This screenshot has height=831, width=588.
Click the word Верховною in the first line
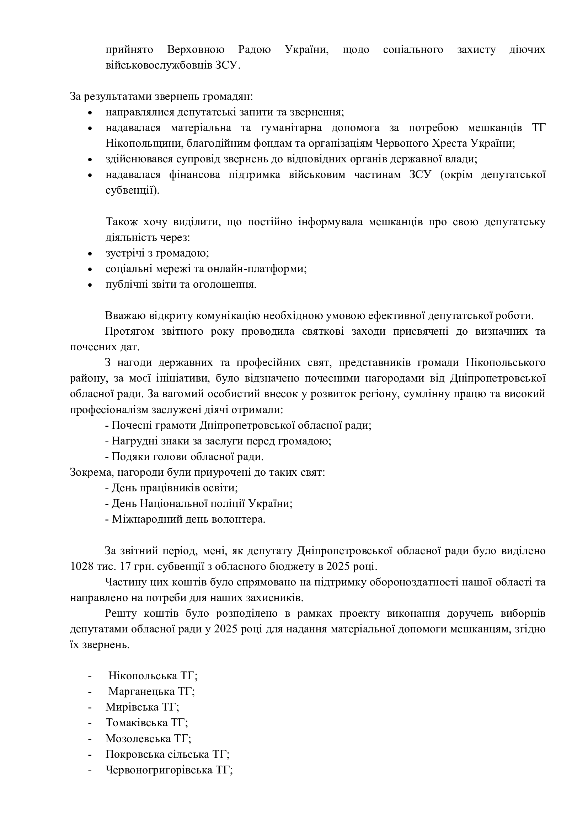click(196, 50)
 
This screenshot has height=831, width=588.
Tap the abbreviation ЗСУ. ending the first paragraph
click(228, 65)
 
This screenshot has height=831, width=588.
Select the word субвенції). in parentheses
click(133, 190)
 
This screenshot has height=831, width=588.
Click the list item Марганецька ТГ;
click(152, 691)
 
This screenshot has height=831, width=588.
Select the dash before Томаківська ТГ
click(90, 723)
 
